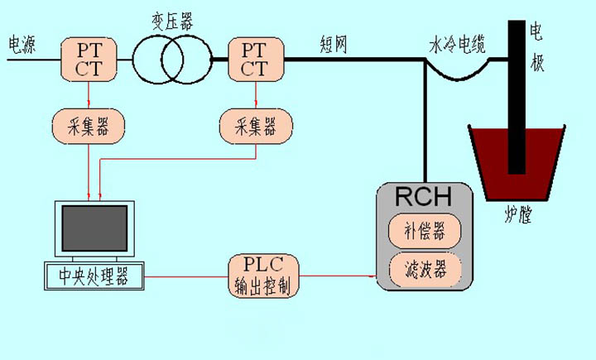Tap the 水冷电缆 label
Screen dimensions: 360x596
pos(456,42)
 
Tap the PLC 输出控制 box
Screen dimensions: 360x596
pos(264,276)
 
